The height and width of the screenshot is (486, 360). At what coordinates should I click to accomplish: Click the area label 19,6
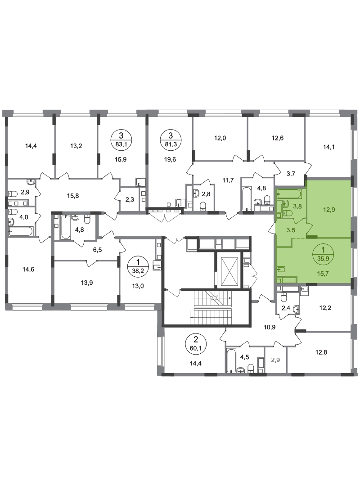coord(170,160)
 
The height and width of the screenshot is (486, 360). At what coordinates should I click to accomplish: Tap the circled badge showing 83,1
coord(121,139)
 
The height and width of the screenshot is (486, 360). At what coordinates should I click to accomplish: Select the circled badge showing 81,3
coord(170,139)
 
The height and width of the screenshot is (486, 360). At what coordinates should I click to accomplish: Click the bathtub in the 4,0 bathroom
coord(20,231)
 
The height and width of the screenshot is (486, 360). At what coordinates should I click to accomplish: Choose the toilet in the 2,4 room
coord(284,297)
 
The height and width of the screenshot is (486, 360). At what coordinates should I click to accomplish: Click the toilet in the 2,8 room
coord(203,206)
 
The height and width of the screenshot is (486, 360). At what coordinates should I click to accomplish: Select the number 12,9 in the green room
coord(329,210)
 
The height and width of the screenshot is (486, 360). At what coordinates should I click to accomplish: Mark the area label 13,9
coord(87,283)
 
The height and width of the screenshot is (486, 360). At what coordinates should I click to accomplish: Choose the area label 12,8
coord(321,352)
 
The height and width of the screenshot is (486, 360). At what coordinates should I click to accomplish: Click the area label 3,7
coord(291,174)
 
